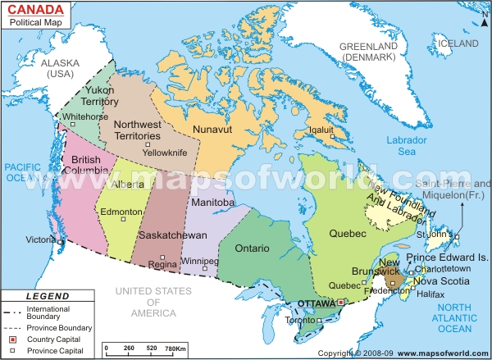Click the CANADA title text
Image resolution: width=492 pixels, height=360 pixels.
[38, 11]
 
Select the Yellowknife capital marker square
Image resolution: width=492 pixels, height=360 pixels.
[147, 144]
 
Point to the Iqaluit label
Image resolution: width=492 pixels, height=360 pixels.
[321, 130]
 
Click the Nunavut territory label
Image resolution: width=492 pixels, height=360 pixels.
[215, 130]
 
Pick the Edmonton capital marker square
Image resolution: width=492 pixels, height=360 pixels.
[125, 219]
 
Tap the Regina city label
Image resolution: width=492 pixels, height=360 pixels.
[163, 265]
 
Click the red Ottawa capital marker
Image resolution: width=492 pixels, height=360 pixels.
[340, 303]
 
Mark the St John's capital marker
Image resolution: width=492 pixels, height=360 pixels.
[458, 238]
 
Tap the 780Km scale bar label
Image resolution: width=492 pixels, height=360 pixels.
[175, 349]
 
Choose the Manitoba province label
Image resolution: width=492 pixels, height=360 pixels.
[212, 202]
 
